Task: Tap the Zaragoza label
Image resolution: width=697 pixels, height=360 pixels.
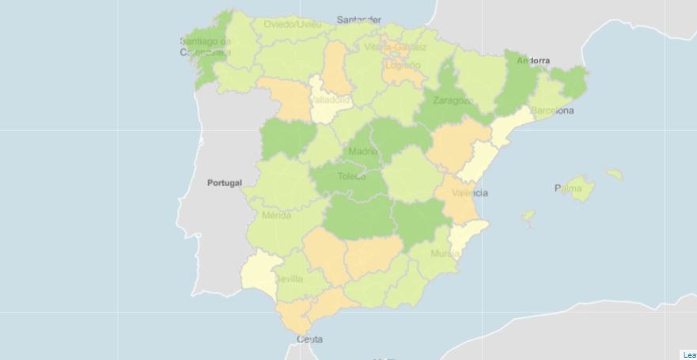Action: (x=453, y=101)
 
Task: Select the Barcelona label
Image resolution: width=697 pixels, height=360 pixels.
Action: (x=552, y=111)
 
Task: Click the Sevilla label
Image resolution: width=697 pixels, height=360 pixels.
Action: (x=289, y=279)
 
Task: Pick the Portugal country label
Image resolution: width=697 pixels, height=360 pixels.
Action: (x=224, y=183)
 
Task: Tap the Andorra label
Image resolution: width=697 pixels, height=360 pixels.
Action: (x=532, y=60)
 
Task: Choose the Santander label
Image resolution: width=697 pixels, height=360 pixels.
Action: (x=358, y=20)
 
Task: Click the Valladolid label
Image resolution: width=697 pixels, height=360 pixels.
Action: (x=331, y=101)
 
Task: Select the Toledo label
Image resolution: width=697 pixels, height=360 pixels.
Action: (x=351, y=176)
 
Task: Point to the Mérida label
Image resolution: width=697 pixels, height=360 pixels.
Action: (x=276, y=216)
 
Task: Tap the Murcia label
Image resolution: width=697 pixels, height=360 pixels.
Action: (x=445, y=254)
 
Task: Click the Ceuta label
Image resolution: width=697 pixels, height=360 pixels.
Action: (x=309, y=339)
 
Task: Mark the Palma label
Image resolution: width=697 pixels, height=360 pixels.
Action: (x=571, y=188)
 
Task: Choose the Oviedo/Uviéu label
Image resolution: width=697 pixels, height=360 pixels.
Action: (x=293, y=25)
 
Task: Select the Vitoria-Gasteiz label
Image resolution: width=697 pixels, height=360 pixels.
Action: (x=396, y=47)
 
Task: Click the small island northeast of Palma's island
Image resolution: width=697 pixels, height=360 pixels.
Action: (x=615, y=174)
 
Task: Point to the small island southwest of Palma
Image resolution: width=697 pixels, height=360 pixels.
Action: (x=528, y=214)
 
